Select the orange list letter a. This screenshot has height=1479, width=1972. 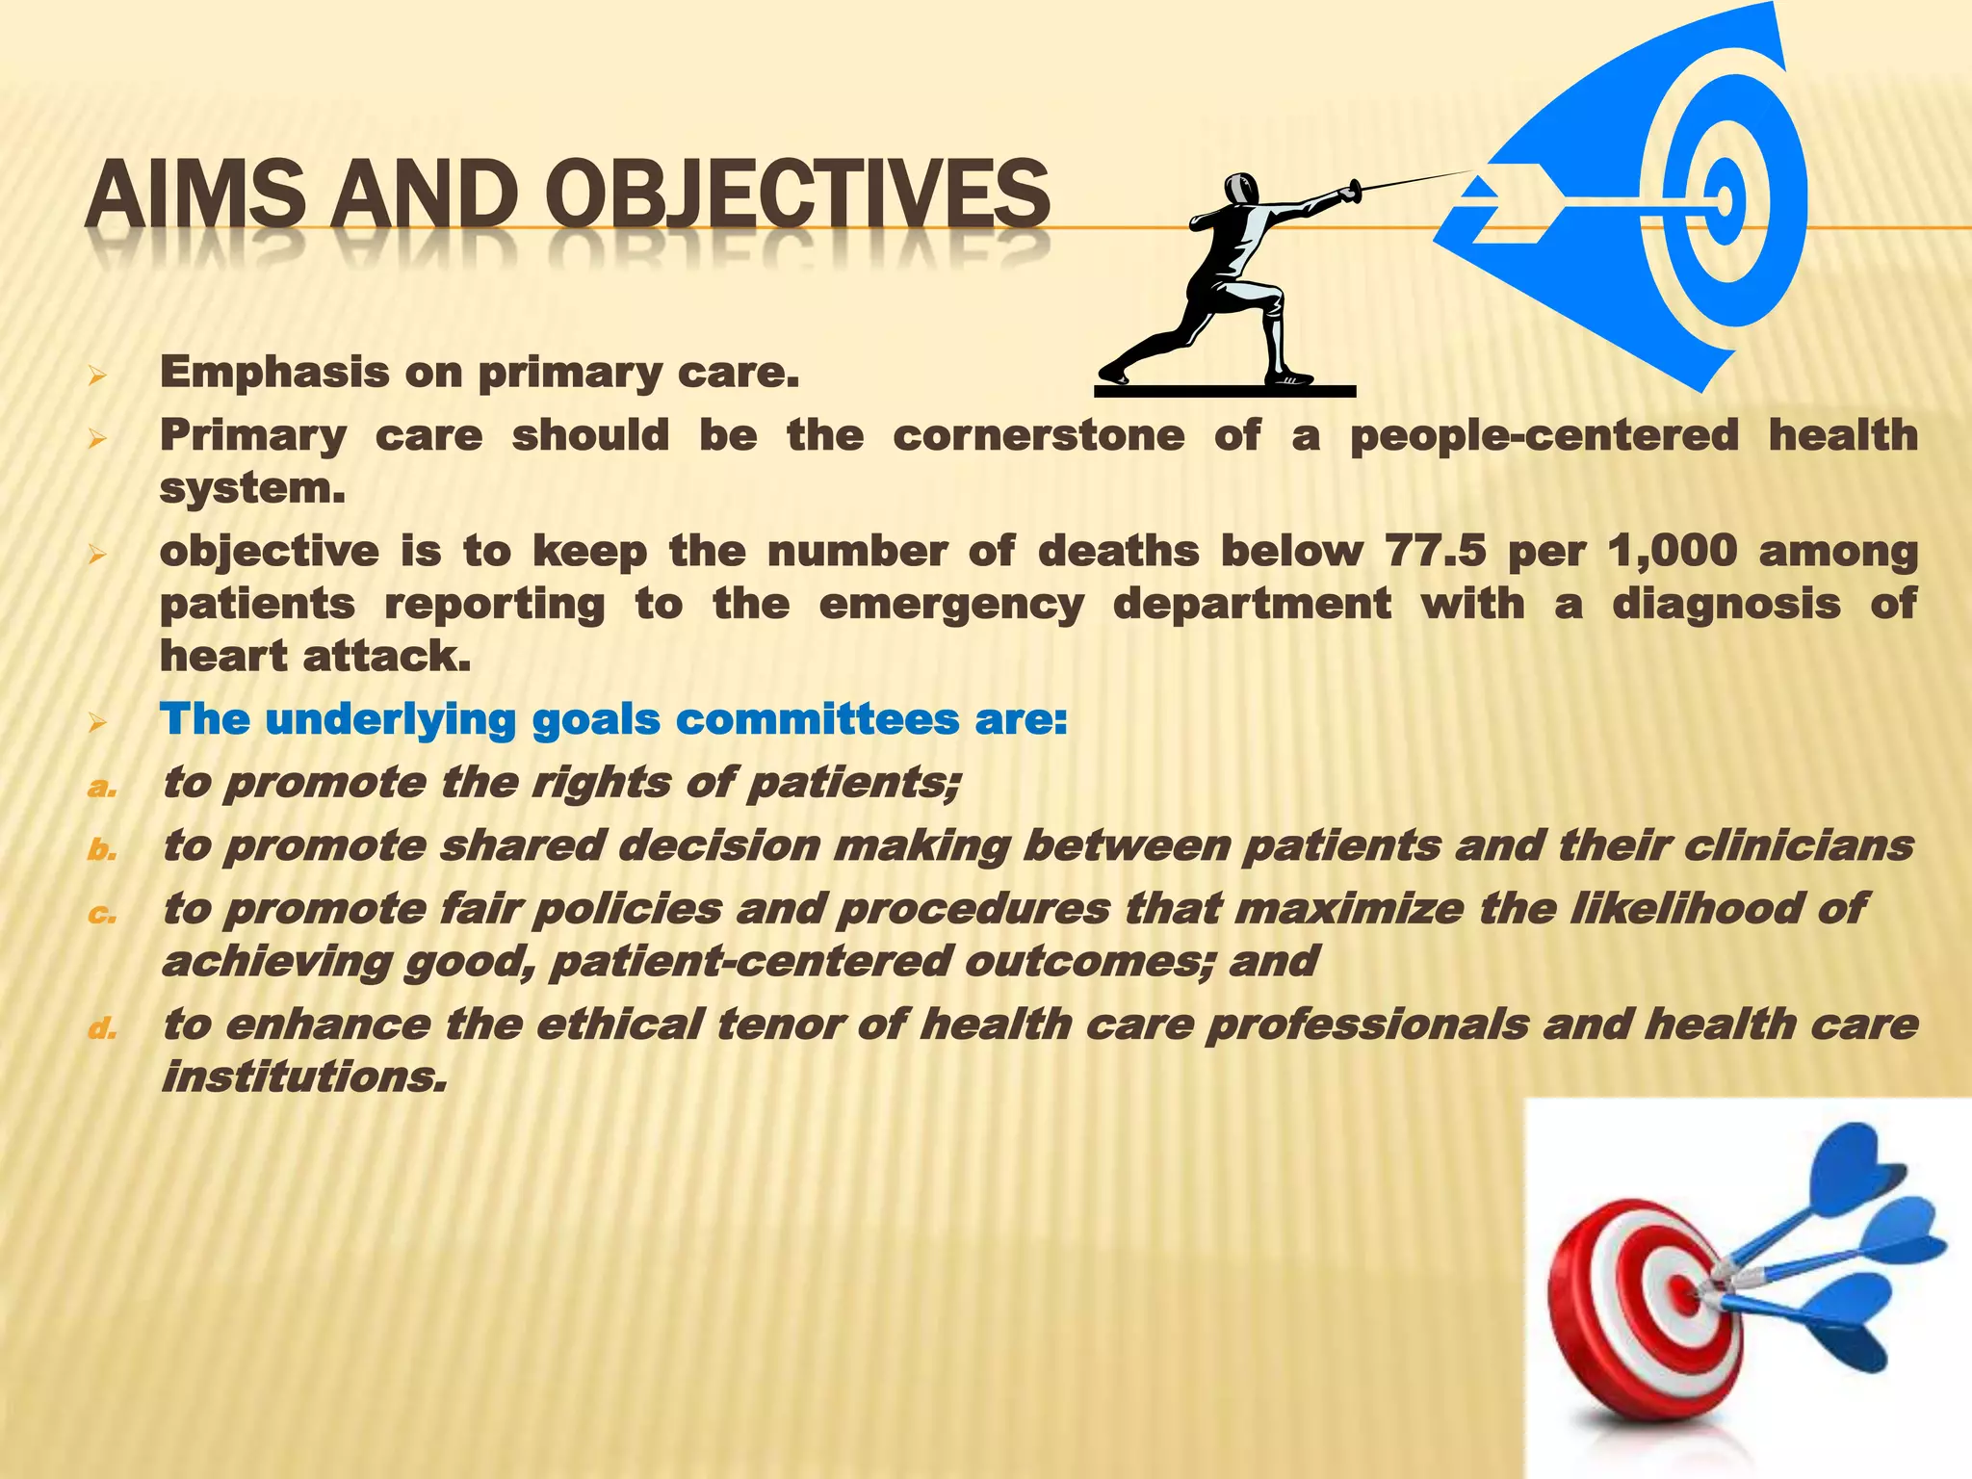pos(101,788)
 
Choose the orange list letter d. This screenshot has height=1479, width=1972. pos(101,1029)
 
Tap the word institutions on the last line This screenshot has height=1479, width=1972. pos(304,1077)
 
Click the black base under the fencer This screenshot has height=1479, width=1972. pos(1225,391)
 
